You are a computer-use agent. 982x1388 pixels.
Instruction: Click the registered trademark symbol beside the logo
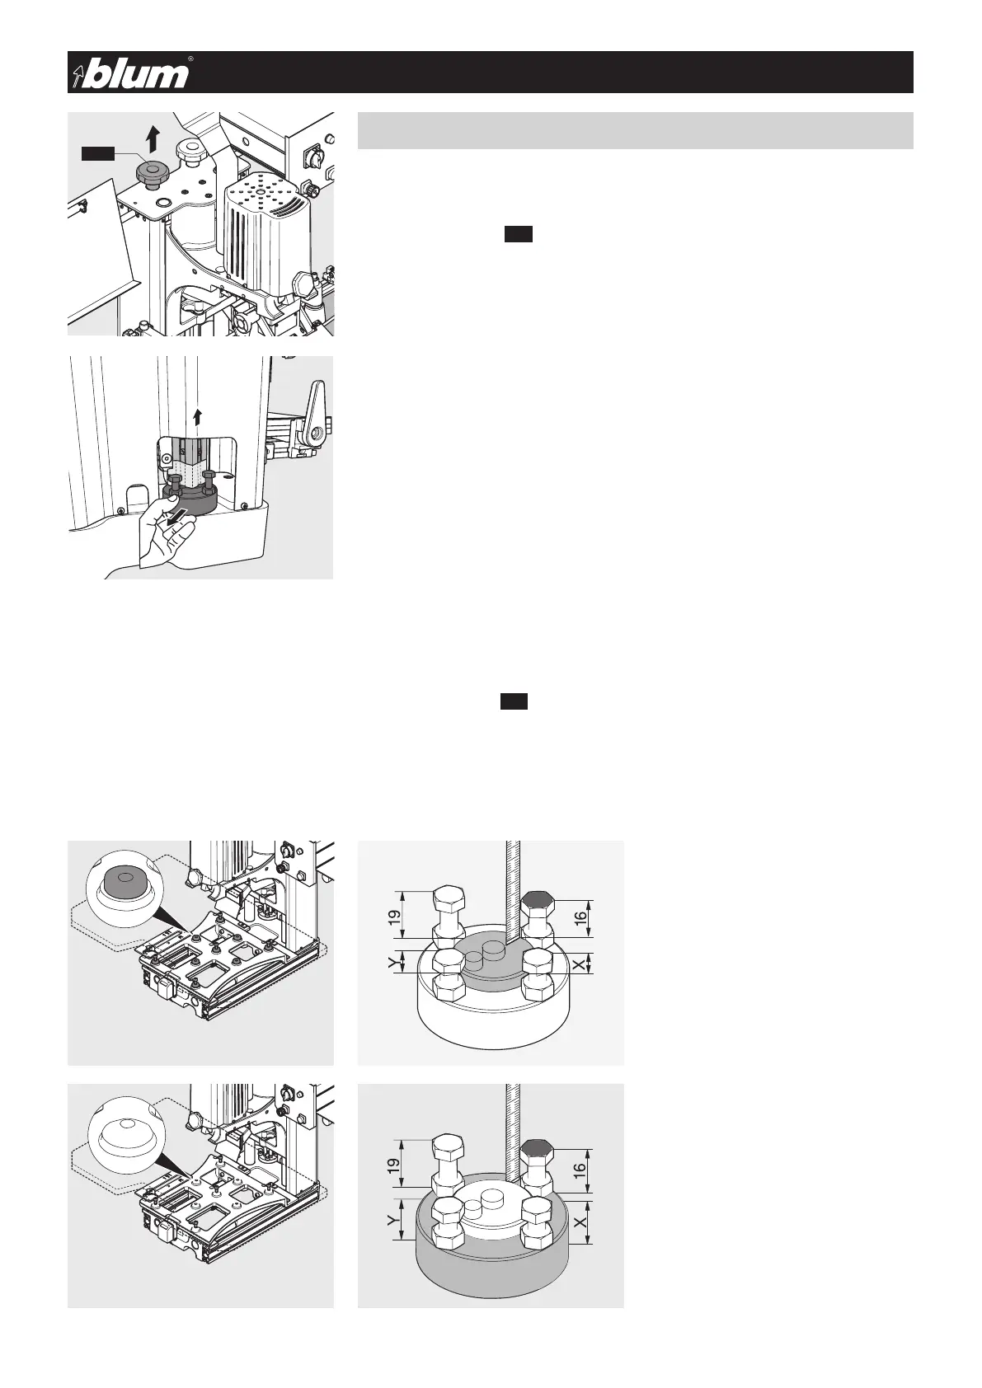coord(190,59)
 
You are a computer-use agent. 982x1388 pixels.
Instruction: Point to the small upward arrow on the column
coord(196,415)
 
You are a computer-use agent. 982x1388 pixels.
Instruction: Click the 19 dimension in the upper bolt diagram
coord(394,913)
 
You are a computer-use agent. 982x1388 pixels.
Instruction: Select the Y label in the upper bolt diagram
coord(393,962)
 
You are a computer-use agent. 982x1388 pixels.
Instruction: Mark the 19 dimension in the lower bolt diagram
coord(394,1165)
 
